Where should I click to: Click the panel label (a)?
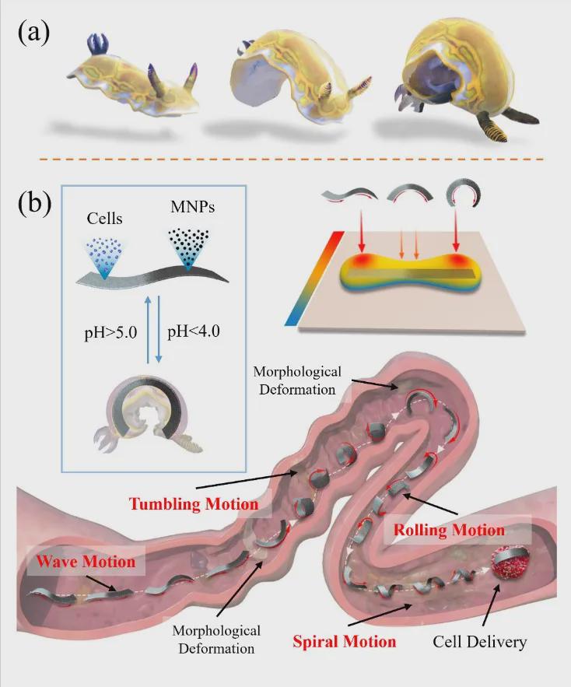pyautogui.click(x=35, y=35)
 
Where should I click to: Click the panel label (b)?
pyautogui.click(x=35, y=203)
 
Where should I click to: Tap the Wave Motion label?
pyautogui.click(x=86, y=561)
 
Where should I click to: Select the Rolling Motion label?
pyautogui.click(x=450, y=531)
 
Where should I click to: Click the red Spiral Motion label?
pyautogui.click(x=345, y=642)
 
